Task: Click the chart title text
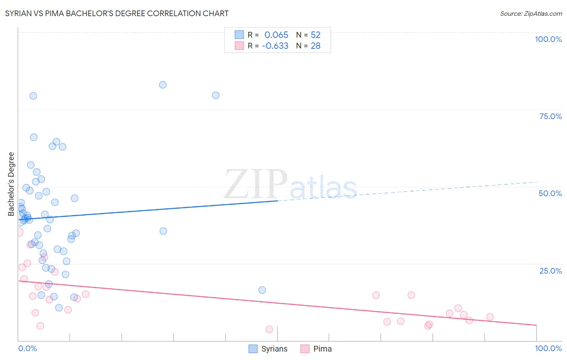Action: pos(117,13)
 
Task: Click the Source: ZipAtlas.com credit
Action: pos(531,13)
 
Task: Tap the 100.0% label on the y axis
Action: pos(548,39)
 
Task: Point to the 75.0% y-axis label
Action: pos(550,116)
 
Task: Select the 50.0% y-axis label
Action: pos(550,193)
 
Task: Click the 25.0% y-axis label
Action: pos(550,271)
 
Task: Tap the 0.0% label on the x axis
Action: pos(27,348)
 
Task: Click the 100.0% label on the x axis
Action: pos(548,348)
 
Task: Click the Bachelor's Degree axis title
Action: pos(11,184)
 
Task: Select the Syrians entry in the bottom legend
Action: pos(274,349)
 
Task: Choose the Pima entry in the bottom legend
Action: pos(322,349)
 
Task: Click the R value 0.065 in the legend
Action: pos(276,35)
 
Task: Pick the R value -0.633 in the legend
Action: pos(275,46)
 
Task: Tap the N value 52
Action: pos(315,35)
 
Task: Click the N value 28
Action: pos(315,46)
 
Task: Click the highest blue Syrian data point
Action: pos(163,85)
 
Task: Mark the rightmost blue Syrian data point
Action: pos(262,290)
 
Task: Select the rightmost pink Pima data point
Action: pos(490,317)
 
